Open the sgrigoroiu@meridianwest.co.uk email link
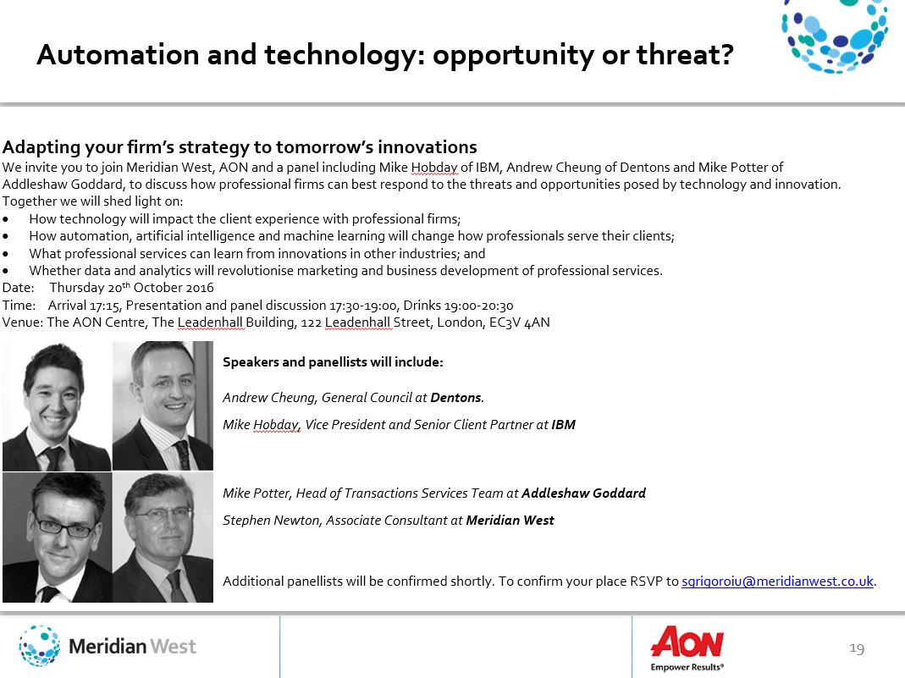coord(777,581)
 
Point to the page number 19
coord(856,648)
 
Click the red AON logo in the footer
coord(687,642)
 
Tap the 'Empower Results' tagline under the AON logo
coord(687,667)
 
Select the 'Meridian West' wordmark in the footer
coord(132,647)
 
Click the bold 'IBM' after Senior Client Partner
coord(563,425)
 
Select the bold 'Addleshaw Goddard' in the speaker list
coord(583,493)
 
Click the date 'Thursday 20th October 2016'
coord(131,288)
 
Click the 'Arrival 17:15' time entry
coord(85,305)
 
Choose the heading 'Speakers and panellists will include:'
coord(333,362)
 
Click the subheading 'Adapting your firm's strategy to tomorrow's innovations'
coord(240,147)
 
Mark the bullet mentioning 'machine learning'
coord(351,236)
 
